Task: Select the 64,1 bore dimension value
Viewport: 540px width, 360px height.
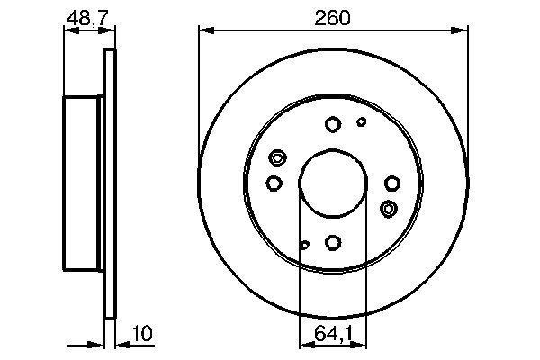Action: pyautogui.click(x=332, y=335)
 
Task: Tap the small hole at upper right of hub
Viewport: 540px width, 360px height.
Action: pyautogui.click(x=362, y=121)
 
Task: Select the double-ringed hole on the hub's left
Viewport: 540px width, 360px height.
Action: pyautogui.click(x=277, y=158)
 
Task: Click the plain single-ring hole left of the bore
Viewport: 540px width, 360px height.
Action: pyautogui.click(x=274, y=184)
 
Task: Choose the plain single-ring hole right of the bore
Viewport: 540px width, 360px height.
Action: pyautogui.click(x=391, y=184)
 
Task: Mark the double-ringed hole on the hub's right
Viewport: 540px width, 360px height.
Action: pyautogui.click(x=389, y=209)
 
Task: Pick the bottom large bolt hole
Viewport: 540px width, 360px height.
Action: pyautogui.click(x=333, y=242)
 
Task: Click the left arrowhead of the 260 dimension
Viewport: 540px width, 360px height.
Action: pyautogui.click(x=203, y=31)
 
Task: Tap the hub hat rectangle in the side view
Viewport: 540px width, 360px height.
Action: pyautogui.click(x=84, y=184)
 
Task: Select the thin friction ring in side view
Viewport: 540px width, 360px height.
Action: pyautogui.click(x=111, y=184)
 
